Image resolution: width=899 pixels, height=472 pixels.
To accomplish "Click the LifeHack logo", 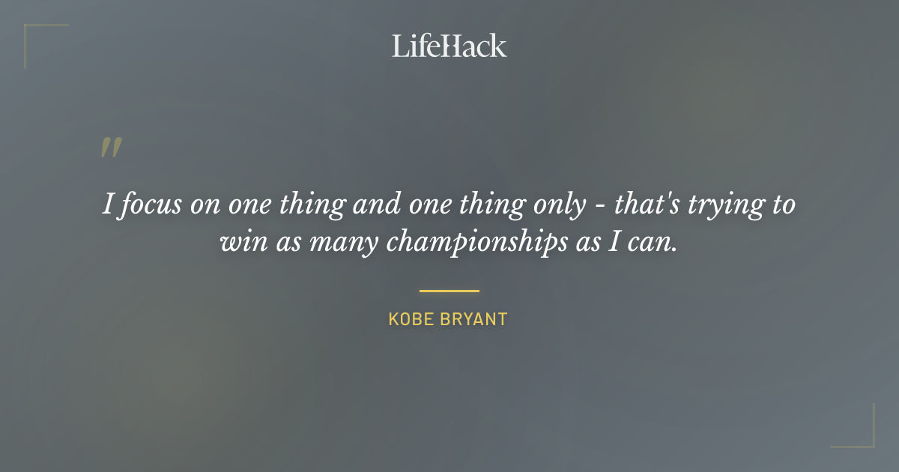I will tap(449, 46).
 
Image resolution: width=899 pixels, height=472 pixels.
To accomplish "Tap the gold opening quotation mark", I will tap(110, 148).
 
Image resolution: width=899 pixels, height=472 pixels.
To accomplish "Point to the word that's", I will tap(648, 204).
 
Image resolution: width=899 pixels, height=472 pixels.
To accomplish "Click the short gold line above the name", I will tap(449, 291).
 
